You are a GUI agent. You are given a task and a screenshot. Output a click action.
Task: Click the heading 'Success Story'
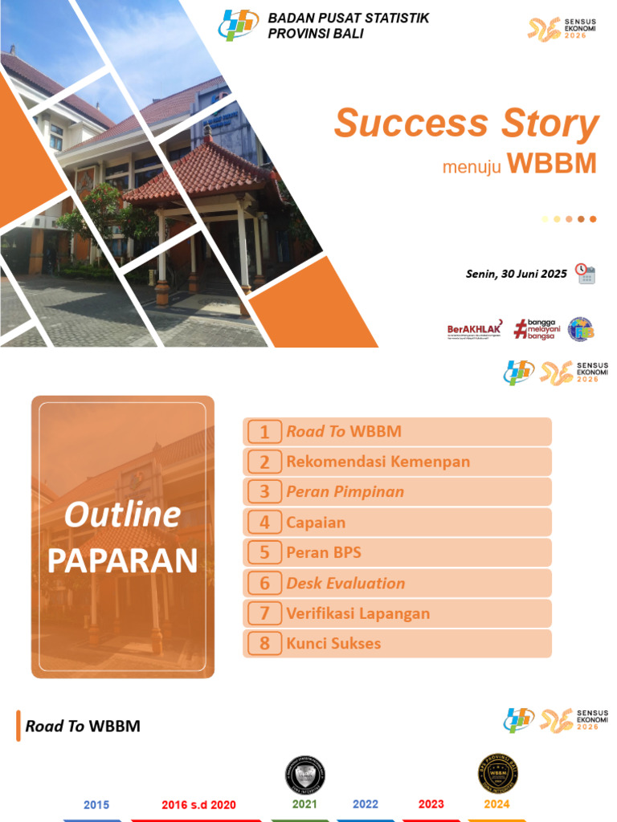click(x=466, y=124)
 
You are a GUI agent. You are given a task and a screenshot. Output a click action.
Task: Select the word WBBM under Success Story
click(x=552, y=163)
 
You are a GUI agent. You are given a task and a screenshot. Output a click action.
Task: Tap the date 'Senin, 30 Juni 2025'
click(x=516, y=274)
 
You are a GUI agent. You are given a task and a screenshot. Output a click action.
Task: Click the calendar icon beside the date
click(x=586, y=274)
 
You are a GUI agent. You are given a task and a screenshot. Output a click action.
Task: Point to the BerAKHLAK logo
click(x=475, y=329)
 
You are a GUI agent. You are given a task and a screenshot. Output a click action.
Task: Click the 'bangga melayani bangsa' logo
click(x=537, y=329)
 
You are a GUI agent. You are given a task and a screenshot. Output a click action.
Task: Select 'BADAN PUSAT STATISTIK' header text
click(x=348, y=18)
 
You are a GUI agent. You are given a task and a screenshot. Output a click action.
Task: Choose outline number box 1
click(x=264, y=432)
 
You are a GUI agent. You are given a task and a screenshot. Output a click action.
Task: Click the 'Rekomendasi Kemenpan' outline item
click(x=378, y=462)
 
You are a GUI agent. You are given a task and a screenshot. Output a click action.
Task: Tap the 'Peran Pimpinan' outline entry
click(x=345, y=492)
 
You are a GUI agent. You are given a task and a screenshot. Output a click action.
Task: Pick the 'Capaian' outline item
click(x=316, y=523)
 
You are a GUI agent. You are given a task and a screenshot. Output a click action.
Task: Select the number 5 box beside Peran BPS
click(x=264, y=553)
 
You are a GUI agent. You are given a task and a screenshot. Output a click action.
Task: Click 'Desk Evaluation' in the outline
click(x=345, y=584)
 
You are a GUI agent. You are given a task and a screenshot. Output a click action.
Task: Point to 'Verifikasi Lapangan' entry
click(x=358, y=614)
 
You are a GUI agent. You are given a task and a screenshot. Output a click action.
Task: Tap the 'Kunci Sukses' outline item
click(x=333, y=644)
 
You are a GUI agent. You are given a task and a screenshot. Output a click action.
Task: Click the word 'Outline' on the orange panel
click(x=122, y=515)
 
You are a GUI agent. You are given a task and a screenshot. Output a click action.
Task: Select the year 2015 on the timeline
click(x=96, y=804)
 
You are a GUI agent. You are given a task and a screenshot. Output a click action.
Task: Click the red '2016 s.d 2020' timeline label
click(x=198, y=804)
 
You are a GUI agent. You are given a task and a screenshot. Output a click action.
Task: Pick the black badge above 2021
click(x=305, y=775)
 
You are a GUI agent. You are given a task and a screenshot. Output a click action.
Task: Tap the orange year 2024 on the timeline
click(x=496, y=804)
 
